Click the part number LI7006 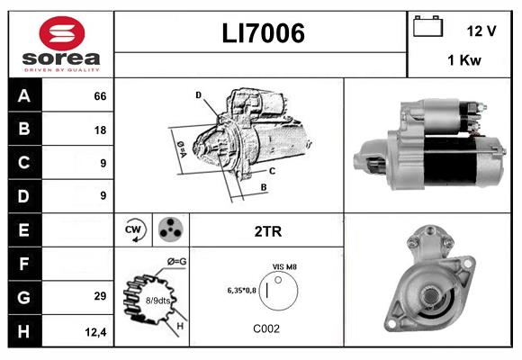click(263, 33)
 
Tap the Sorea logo click(60, 43)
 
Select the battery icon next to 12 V click(427, 27)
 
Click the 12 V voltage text click(481, 31)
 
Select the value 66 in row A click(100, 96)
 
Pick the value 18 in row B click(100, 130)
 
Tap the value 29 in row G click(100, 296)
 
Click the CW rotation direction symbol click(133, 230)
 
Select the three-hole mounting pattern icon click(169, 230)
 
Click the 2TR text click(267, 231)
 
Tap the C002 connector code click(266, 328)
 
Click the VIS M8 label click(285, 267)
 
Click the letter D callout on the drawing click(197, 94)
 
